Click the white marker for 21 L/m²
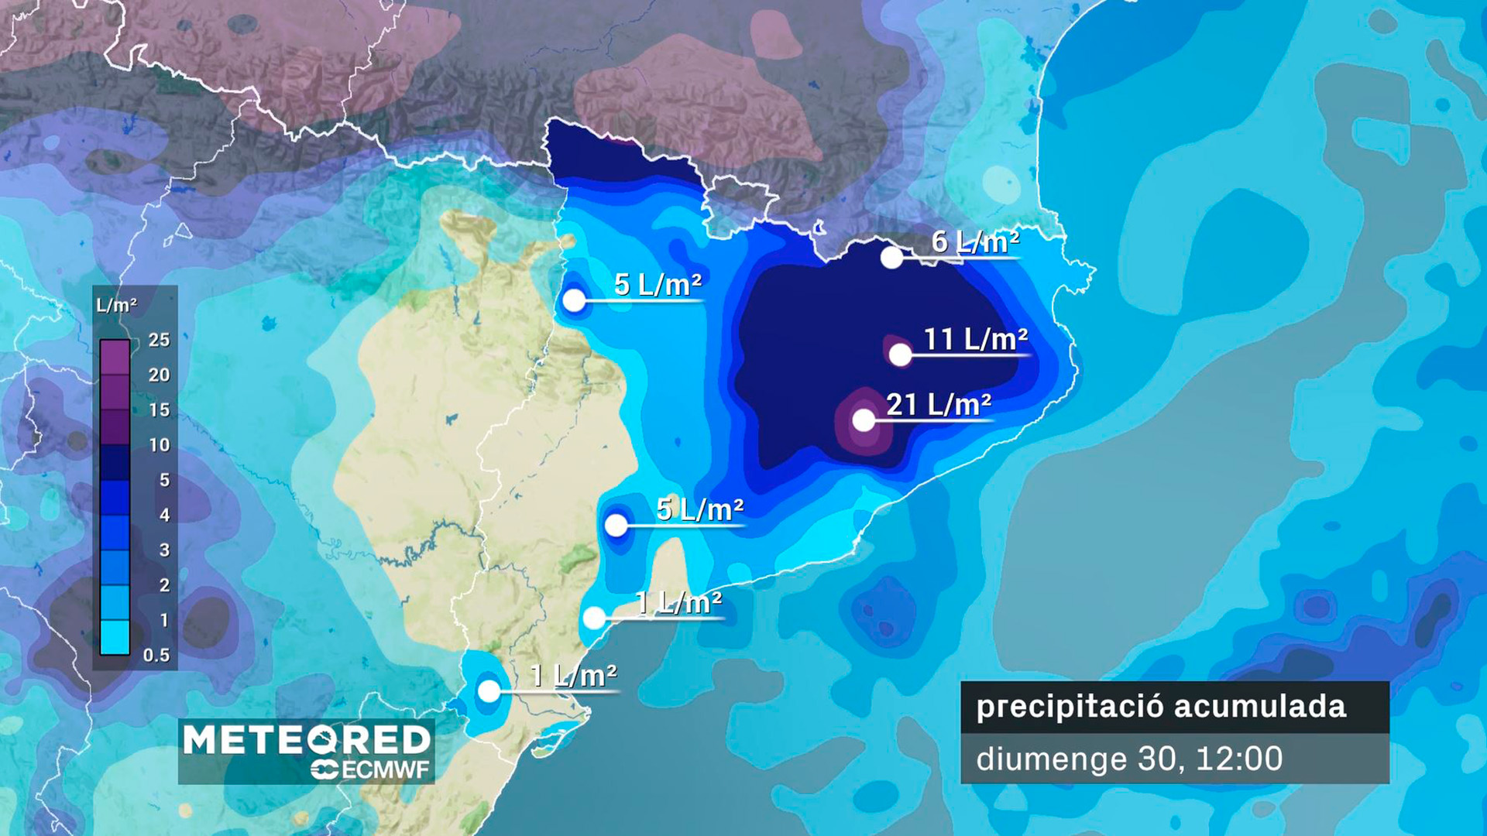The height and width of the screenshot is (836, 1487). point(864,420)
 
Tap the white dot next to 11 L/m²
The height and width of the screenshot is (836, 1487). point(900,355)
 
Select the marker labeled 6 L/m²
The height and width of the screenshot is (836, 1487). point(891,258)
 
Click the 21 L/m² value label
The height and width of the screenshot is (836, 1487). point(939,404)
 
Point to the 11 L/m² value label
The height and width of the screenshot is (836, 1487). point(976,339)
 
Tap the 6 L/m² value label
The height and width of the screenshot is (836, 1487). point(975,242)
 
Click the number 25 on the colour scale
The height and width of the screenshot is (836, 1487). point(159,340)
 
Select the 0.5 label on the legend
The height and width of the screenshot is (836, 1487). point(156,656)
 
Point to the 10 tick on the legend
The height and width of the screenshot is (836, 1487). point(159,445)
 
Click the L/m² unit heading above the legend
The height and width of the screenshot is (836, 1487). point(116,305)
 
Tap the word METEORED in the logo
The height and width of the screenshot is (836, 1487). point(306,740)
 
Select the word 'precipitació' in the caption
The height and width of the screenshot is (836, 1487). point(1069,707)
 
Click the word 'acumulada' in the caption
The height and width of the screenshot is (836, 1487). point(1260,707)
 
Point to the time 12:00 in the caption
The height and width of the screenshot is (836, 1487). point(1239,759)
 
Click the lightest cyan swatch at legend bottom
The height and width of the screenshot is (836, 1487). point(115,638)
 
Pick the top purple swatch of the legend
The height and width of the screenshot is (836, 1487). point(115,358)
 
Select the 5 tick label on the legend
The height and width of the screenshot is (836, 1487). point(164,480)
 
